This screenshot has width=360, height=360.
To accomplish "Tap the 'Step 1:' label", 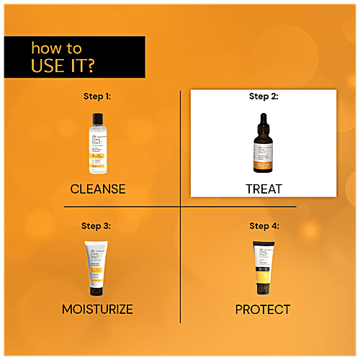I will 97,94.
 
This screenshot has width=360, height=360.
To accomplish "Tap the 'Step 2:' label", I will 263,96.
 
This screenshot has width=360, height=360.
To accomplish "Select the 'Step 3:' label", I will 98,225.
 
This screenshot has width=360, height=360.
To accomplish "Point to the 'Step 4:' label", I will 263,225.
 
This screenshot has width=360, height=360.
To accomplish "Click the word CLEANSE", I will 98,189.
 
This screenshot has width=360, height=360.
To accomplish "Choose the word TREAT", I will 263,189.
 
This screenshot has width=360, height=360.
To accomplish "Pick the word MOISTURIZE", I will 98,310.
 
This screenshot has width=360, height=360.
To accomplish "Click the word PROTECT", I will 263,310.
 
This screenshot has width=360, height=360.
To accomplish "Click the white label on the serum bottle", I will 263,151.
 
